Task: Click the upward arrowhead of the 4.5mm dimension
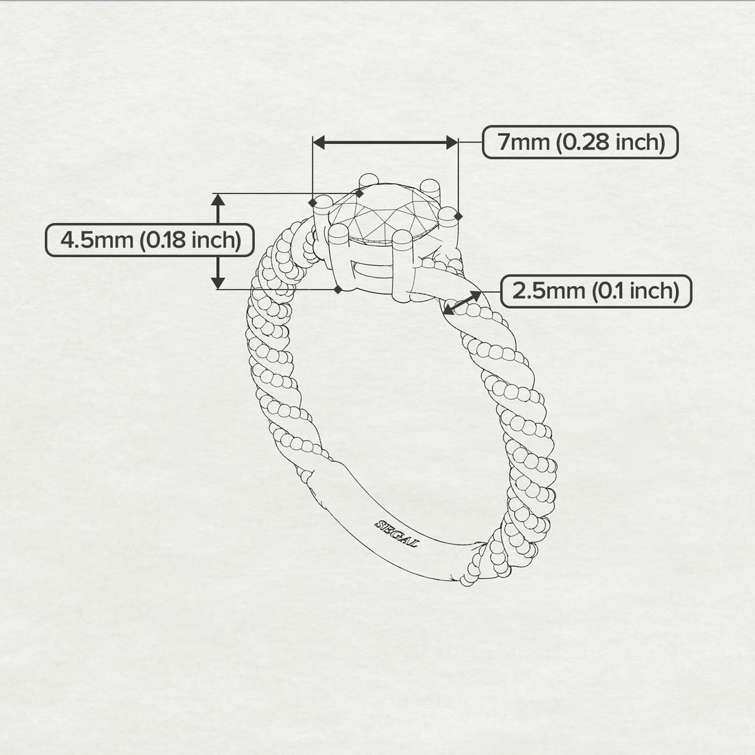coord(218,199)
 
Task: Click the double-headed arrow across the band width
coord(462,303)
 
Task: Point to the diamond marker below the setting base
coord(338,289)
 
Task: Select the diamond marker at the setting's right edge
coord(458,217)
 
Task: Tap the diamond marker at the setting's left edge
coord(312,203)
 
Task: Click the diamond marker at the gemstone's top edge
coord(359,194)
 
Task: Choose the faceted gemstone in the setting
coord(384,213)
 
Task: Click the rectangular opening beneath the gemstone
coord(371,269)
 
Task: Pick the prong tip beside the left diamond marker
coord(322,202)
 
